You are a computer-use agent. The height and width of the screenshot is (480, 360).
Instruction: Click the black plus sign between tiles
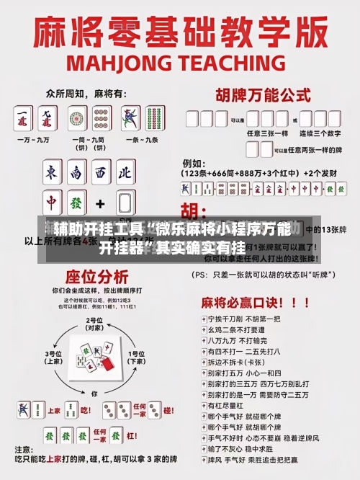point(100,204)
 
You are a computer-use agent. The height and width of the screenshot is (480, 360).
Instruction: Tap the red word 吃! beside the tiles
point(85,411)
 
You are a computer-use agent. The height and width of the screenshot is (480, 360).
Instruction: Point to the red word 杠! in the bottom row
point(85,435)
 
